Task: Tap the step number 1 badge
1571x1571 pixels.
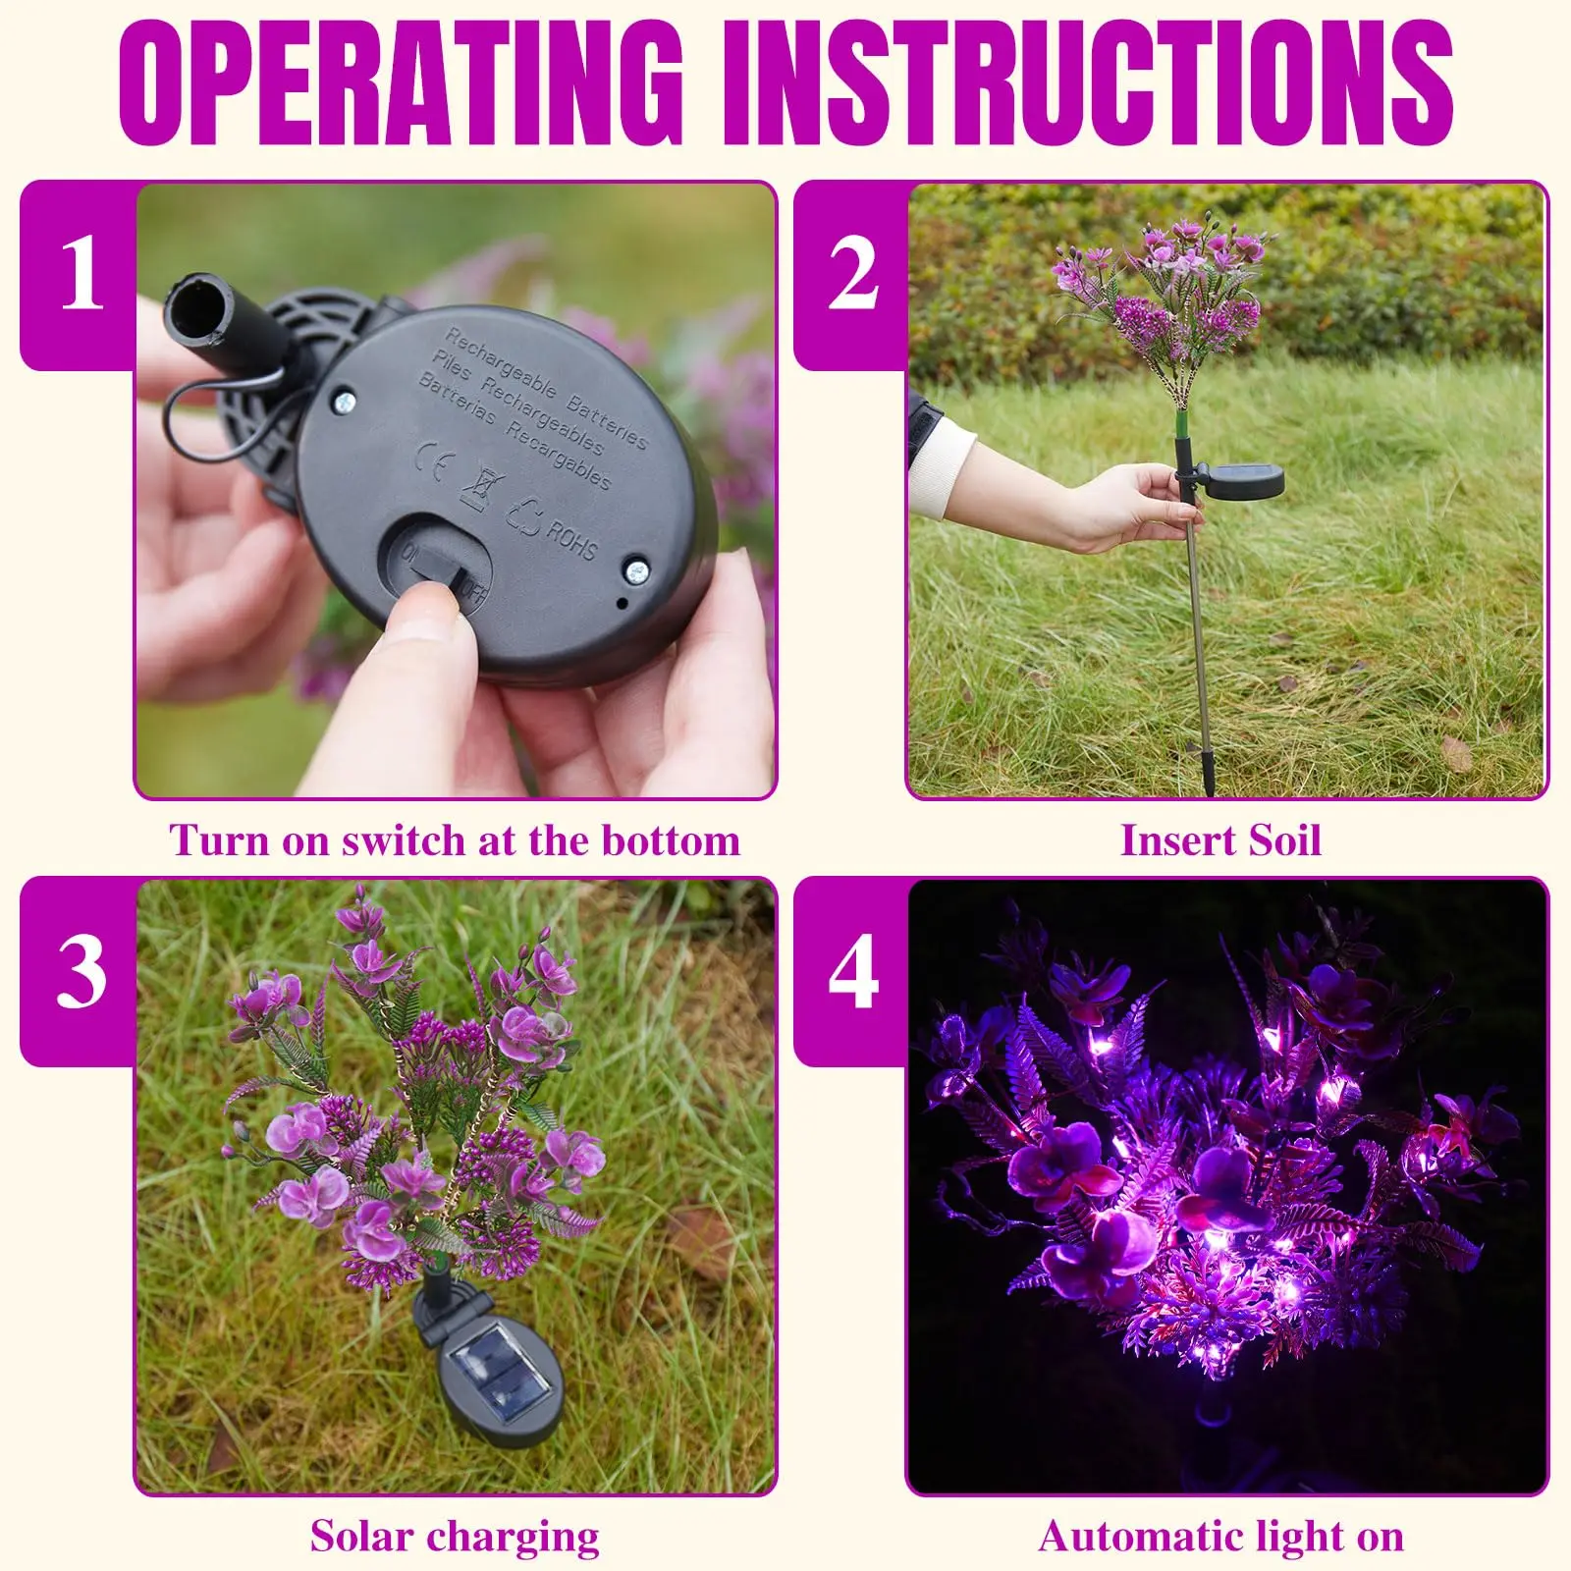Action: [x=81, y=275]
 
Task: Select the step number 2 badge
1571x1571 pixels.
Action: [x=852, y=275]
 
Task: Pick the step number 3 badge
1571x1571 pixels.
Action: [x=81, y=972]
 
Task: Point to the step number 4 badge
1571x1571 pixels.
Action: [x=852, y=972]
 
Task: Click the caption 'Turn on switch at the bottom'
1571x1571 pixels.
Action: [x=455, y=841]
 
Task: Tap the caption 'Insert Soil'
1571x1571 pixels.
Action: [x=1220, y=841]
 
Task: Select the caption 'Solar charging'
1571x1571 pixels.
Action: [x=455, y=1537]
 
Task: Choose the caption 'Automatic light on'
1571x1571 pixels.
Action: [x=1220, y=1537]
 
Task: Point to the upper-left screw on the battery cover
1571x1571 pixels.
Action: [x=344, y=401]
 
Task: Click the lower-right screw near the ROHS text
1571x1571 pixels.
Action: [x=636, y=570]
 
